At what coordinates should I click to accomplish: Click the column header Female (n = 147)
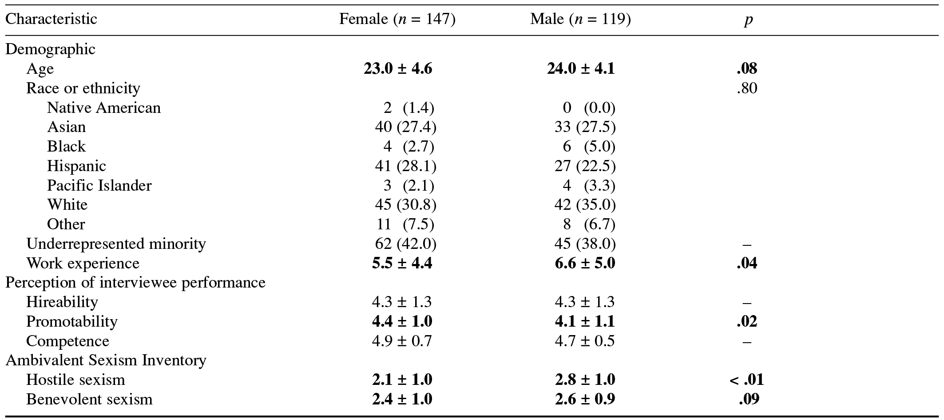click(397, 20)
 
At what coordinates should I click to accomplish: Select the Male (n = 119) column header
click(580, 20)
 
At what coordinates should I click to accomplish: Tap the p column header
click(748, 20)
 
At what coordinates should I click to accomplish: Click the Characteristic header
click(51, 20)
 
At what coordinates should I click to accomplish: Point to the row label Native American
click(103, 108)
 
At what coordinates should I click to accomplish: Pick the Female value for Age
click(397, 69)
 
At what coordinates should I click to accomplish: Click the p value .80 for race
click(747, 88)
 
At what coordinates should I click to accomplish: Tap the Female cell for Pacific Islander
click(405, 186)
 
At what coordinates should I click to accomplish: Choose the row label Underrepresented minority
click(116, 244)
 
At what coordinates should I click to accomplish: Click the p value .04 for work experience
click(747, 264)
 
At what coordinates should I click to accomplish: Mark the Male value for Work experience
click(585, 264)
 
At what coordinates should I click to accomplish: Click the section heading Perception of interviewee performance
click(135, 283)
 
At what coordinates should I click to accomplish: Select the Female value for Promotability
click(402, 322)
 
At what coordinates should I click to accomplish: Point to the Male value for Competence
click(585, 341)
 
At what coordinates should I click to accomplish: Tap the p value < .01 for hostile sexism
click(746, 380)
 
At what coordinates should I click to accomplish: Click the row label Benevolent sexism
click(89, 400)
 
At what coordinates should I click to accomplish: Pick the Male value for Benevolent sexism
click(585, 400)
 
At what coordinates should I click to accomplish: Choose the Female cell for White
click(405, 205)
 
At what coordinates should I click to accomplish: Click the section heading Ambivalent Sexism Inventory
click(106, 360)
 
